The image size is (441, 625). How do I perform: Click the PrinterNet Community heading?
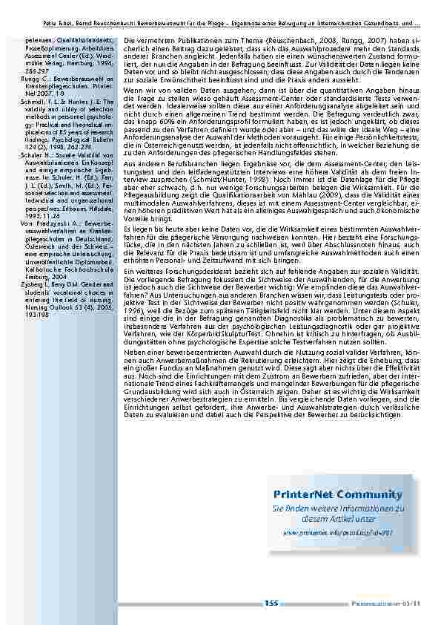point(337,494)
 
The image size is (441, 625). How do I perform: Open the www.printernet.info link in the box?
point(337,533)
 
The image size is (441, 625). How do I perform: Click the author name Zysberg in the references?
point(33,284)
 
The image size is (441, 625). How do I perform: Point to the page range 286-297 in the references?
point(33,70)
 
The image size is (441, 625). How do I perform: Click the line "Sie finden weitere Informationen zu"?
point(337,508)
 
